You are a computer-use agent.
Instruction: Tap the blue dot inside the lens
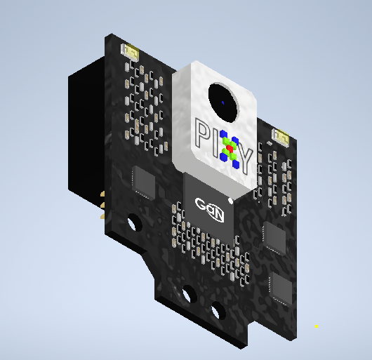click(224, 105)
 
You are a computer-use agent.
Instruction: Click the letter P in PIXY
click(201, 133)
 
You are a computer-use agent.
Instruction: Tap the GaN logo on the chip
click(209, 211)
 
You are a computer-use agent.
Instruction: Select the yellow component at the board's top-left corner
click(131, 51)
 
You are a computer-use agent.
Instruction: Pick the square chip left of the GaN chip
click(144, 182)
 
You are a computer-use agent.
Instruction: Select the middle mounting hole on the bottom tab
click(188, 295)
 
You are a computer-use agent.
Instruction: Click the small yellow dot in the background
click(317, 326)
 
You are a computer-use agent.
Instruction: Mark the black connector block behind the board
click(86, 133)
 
